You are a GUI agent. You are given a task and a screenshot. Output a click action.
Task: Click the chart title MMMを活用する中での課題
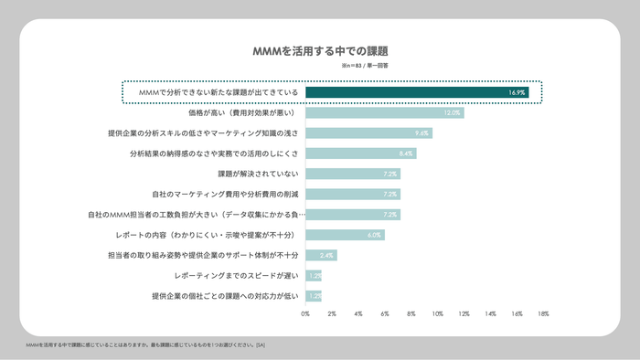tap(319, 51)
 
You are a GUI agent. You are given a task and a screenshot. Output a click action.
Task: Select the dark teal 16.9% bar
tap(417, 92)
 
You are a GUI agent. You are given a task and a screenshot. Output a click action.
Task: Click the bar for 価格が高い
tap(384, 112)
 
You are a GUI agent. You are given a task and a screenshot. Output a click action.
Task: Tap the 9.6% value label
tap(421, 133)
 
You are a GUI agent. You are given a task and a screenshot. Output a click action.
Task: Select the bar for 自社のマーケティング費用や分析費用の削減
tap(352, 194)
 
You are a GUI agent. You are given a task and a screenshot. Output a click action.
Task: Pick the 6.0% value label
tap(373, 235)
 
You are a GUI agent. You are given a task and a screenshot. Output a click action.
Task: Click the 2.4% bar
tap(321, 255)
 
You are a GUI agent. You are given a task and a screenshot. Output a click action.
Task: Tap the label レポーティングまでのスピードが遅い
tap(236, 275)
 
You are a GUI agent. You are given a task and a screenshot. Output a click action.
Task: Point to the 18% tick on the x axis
tap(543, 313)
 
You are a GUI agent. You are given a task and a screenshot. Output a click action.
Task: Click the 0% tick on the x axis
tap(305, 313)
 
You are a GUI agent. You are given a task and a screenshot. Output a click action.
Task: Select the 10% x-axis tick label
tap(437, 313)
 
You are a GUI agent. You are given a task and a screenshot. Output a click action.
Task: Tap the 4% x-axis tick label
tap(358, 313)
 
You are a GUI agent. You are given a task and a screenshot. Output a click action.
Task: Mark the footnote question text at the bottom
tap(146, 345)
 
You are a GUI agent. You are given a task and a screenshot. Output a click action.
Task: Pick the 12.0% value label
tap(451, 112)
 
